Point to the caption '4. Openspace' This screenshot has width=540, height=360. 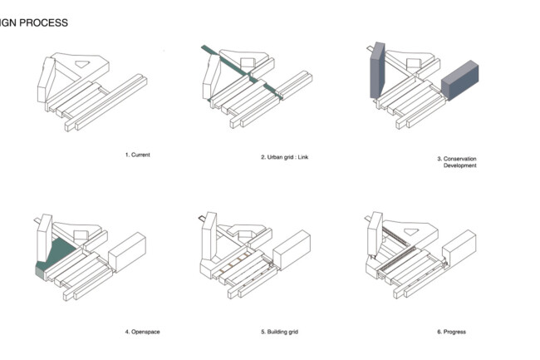coord(142,332)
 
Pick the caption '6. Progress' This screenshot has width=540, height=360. coord(451,332)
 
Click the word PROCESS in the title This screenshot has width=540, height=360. coord(42,22)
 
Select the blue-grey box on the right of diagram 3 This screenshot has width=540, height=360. coord(460,82)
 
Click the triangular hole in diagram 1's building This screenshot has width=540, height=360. coord(84,62)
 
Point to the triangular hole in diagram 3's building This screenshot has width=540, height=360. coord(410,62)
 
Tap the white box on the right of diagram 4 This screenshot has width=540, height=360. coord(126,252)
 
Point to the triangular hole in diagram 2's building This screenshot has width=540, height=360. coord(248,62)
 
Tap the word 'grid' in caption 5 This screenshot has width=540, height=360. coord(292,332)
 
